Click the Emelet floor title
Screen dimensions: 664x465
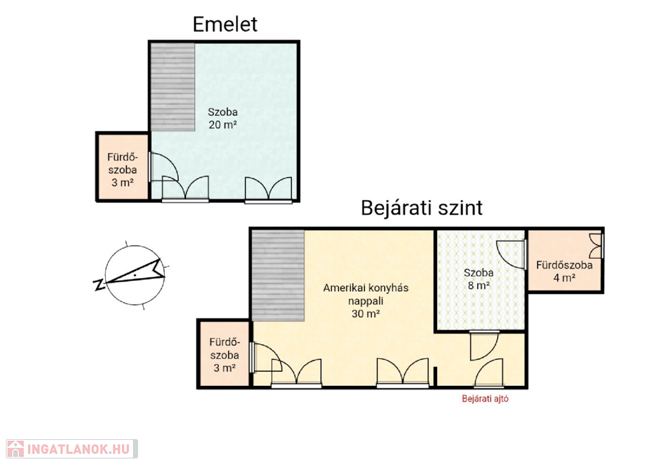click(225, 24)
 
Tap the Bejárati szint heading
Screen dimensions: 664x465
click(421, 208)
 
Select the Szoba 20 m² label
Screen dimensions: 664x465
click(223, 118)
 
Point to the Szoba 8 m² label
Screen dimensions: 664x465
click(479, 279)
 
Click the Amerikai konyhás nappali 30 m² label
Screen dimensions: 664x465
click(366, 301)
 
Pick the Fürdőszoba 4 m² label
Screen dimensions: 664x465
click(564, 272)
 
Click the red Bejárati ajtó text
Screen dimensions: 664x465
click(485, 398)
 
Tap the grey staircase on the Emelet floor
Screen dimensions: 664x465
click(172, 86)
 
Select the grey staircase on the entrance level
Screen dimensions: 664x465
click(278, 275)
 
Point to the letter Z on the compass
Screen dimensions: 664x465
click(99, 285)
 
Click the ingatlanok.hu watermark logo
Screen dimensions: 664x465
click(72, 449)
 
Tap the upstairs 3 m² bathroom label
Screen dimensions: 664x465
click(123, 170)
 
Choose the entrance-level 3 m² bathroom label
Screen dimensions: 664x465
click(224, 355)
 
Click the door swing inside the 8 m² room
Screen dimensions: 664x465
click(511, 254)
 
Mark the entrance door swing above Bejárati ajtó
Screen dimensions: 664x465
click(489, 373)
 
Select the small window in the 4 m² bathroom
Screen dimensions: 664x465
click(597, 246)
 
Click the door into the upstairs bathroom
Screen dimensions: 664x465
click(164, 167)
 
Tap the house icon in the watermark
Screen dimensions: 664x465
click(16, 449)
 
